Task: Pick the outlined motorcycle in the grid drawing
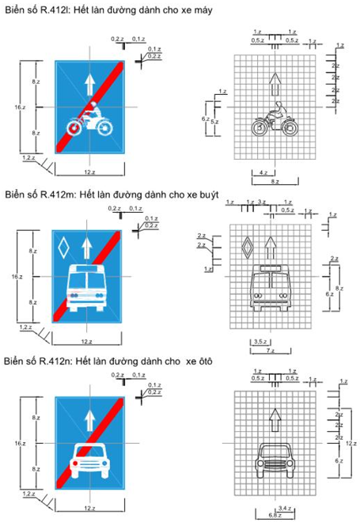coord(274,120)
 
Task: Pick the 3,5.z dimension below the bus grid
coord(259,341)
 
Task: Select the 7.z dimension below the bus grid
coord(270,350)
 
